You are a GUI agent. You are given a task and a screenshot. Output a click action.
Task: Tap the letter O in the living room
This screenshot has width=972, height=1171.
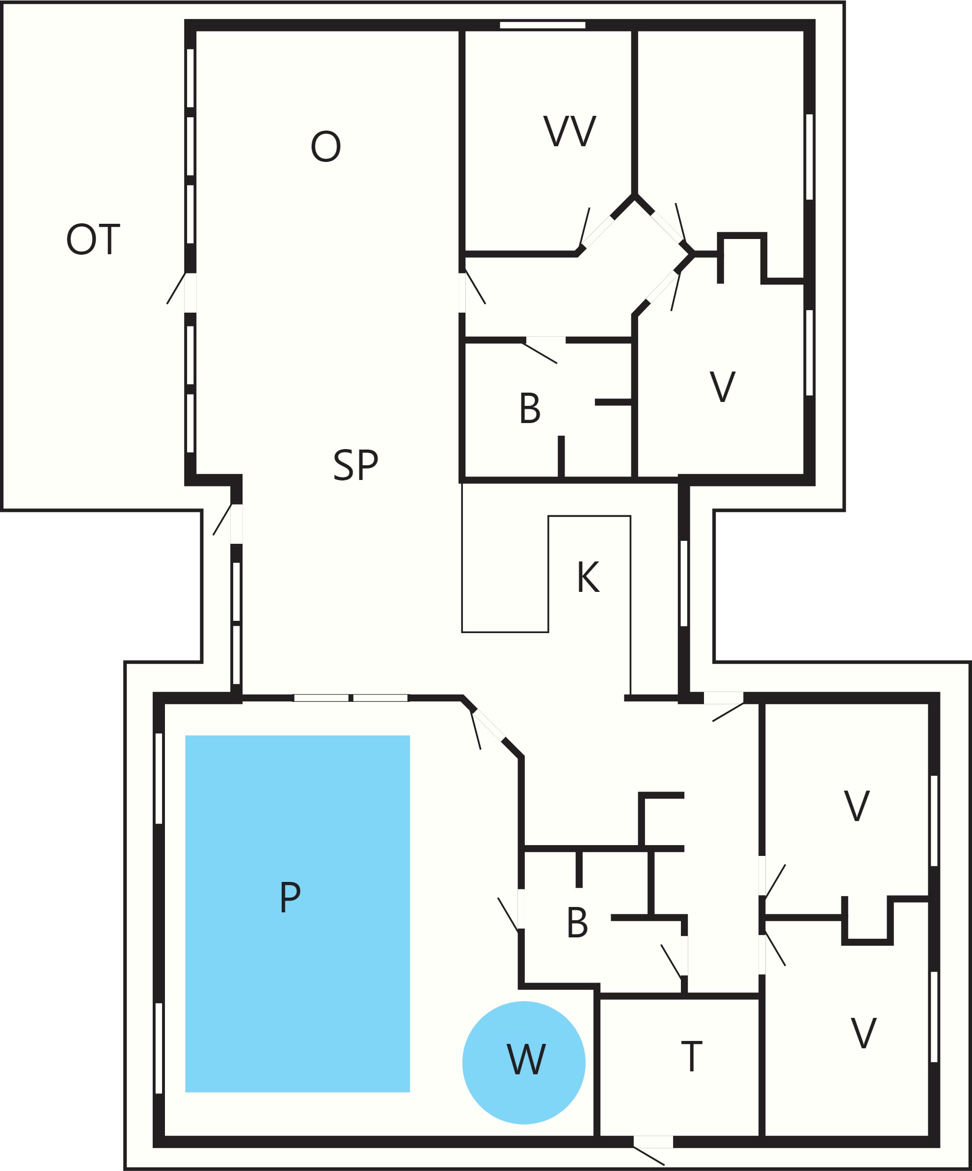[325, 146]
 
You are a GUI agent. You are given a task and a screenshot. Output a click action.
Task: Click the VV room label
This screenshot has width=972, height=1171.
[570, 131]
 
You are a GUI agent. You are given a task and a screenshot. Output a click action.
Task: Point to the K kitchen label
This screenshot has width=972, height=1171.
[588, 577]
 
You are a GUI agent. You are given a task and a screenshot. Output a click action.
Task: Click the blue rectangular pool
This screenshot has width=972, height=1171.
[297, 913]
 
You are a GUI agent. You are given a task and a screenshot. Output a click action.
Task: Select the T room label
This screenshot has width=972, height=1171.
[692, 1056]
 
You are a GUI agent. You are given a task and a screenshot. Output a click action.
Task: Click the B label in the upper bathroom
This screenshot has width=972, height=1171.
[530, 408]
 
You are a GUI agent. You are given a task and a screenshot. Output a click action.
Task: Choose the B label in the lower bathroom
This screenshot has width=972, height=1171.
[577, 922]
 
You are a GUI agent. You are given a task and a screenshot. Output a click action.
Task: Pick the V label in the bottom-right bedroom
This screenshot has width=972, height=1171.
[864, 1033]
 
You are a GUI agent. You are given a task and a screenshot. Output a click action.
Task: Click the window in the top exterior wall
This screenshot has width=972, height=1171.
[542, 25]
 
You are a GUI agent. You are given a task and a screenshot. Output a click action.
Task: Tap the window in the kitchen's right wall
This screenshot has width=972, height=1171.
[684, 583]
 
